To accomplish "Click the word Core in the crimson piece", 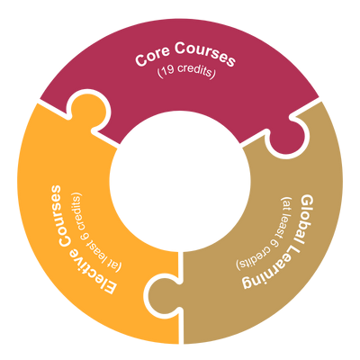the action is [152, 56].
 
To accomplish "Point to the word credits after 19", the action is [194, 71].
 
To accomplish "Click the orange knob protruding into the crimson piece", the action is [89, 110].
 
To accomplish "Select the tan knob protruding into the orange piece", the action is [164, 295].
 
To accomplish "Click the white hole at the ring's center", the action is [180, 181].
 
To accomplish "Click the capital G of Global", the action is [307, 202].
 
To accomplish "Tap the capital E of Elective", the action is [108, 286].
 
